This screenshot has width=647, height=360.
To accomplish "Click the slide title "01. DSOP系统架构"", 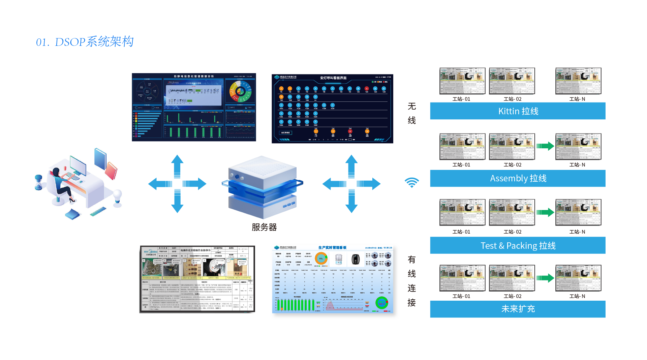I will [x=85, y=42].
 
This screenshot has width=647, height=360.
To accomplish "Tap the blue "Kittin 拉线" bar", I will [x=518, y=111].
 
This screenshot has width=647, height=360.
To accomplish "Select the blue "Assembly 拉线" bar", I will [x=518, y=178].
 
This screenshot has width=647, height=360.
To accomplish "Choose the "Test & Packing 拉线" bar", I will [x=518, y=245].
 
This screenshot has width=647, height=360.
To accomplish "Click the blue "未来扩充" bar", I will [x=518, y=309].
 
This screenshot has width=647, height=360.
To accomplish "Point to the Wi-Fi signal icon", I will [x=411, y=182].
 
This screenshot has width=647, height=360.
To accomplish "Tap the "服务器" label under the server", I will [x=264, y=227].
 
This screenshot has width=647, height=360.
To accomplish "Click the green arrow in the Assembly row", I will [x=545, y=146].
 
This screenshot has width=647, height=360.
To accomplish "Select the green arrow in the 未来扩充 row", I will [x=545, y=278].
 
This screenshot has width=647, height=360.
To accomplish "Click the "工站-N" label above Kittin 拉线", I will [x=577, y=99].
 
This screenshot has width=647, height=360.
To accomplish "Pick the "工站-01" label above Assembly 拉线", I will [x=461, y=165].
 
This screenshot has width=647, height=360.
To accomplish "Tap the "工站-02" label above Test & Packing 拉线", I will [x=513, y=232].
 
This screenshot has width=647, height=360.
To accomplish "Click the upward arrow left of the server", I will [x=177, y=164].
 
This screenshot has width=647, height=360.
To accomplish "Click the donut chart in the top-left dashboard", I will [x=240, y=91].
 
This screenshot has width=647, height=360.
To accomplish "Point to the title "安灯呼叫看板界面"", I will [x=333, y=78].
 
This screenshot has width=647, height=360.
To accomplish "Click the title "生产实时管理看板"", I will [x=332, y=247].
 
